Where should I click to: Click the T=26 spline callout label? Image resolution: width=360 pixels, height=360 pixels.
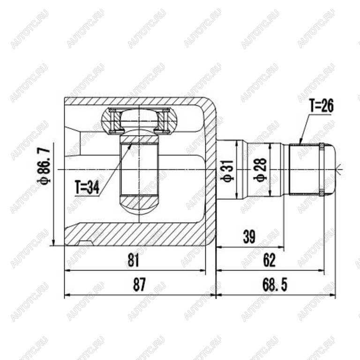[322, 106]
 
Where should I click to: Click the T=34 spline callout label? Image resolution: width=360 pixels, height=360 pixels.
[87, 187]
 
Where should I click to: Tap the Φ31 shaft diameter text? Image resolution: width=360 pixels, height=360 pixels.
[228, 171]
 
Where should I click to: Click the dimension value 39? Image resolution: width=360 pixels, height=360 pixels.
[249, 237]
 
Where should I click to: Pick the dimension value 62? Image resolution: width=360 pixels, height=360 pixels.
[269, 260]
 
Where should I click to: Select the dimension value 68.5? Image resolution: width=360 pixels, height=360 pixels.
[275, 285]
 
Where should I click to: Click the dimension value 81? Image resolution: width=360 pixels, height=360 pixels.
[134, 260]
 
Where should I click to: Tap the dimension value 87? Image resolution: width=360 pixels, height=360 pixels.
[139, 285]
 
